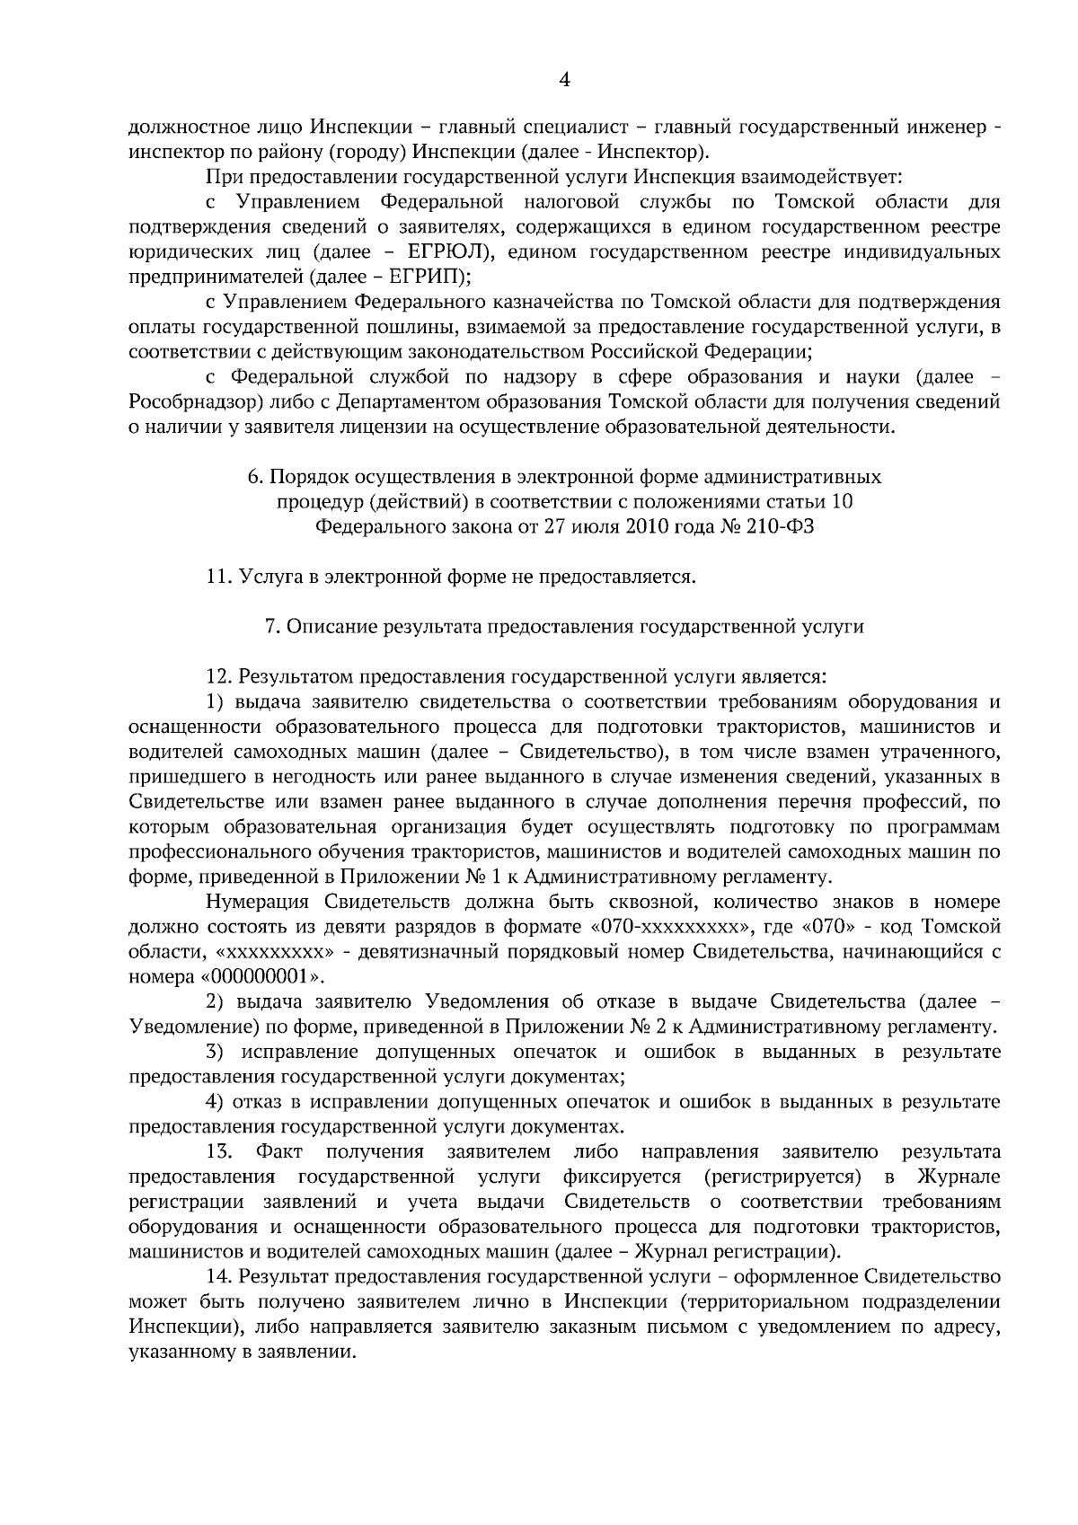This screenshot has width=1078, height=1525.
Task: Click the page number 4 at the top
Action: [564, 81]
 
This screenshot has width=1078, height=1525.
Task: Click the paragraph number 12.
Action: [220, 676]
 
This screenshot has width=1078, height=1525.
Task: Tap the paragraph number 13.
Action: [220, 1151]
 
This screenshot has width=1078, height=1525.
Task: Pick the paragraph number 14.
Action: [220, 1276]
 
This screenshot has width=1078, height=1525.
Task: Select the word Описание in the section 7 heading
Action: [328, 627]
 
